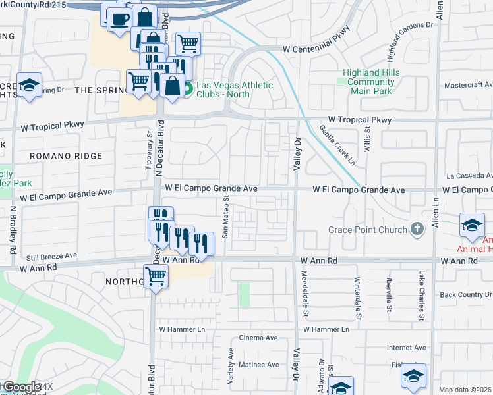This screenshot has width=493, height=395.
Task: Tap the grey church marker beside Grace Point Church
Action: (x=417, y=229)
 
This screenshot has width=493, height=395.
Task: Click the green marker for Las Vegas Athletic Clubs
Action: (x=187, y=88)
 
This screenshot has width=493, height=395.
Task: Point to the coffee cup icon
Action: (x=119, y=19)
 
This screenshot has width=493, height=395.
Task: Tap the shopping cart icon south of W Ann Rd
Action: (x=156, y=276)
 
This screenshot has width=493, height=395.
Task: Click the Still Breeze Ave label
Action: (x=52, y=255)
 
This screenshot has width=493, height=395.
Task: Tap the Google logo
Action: (x=21, y=386)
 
